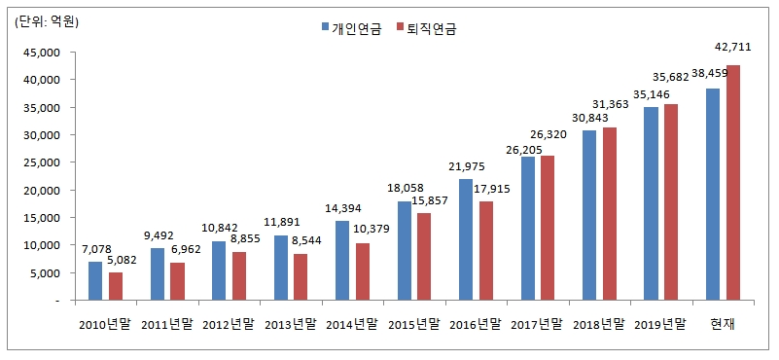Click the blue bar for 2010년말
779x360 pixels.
coord(95,281)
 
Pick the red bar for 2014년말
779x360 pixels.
coord(362,271)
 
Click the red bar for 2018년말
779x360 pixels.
coord(610,214)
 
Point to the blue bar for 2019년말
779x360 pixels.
coord(652,203)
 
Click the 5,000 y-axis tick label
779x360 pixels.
coord(45,273)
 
